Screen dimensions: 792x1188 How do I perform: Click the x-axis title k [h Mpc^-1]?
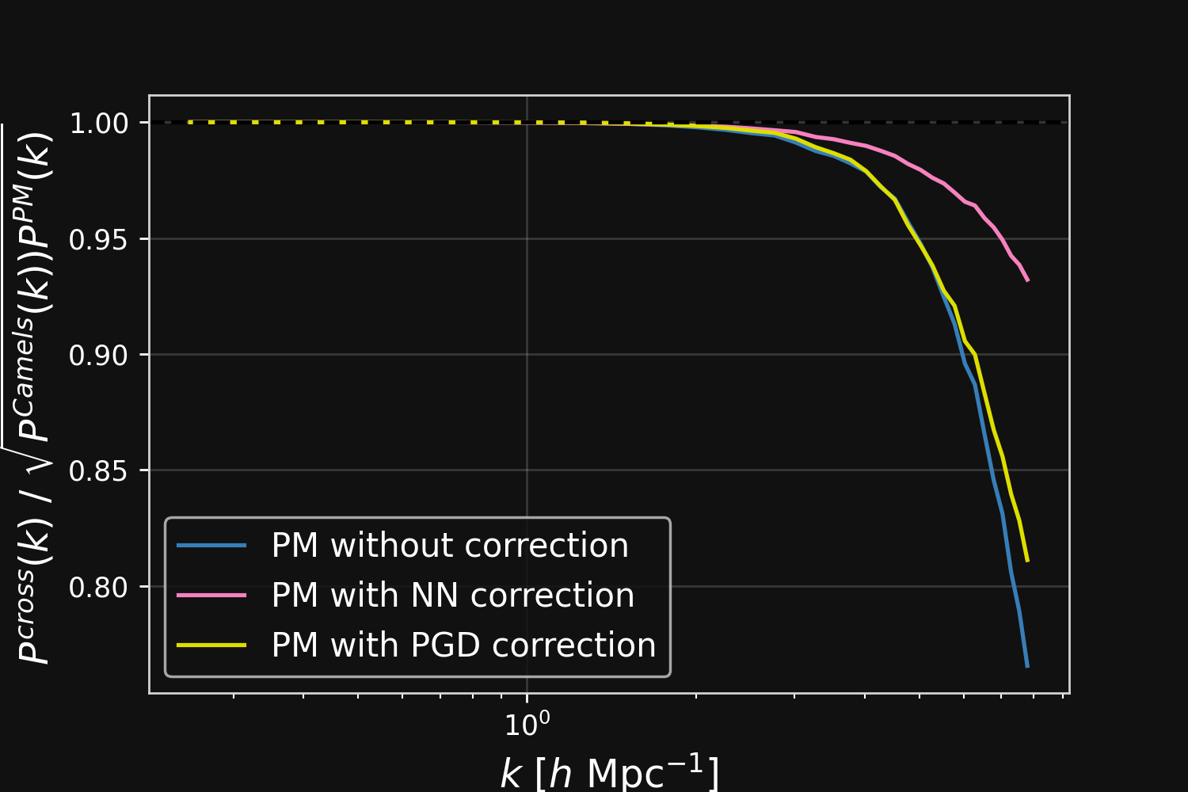(x=609, y=772)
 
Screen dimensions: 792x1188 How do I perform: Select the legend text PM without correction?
(x=450, y=546)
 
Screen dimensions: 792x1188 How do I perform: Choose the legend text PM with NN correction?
(x=452, y=596)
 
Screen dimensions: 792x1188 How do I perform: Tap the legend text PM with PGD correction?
(x=463, y=645)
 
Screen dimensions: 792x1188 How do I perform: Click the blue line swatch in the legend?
(x=211, y=546)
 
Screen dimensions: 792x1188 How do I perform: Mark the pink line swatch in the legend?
(x=211, y=596)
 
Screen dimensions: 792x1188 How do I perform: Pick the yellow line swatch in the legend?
(x=211, y=645)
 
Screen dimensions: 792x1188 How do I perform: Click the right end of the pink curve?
(x=1027, y=280)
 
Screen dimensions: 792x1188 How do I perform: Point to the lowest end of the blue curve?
(x=1027, y=667)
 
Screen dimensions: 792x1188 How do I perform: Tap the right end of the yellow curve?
(x=1027, y=561)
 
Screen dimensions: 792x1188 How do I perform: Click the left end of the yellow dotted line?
(x=190, y=122)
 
